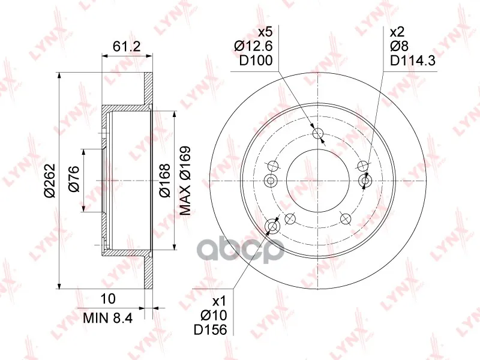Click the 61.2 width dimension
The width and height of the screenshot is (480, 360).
click(127, 47)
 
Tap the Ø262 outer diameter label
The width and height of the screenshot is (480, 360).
click(49, 181)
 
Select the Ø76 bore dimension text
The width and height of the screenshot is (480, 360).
click(73, 179)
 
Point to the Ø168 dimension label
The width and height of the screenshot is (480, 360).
click(164, 181)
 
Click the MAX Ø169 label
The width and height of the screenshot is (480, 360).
click(185, 181)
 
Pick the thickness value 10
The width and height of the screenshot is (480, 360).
click(108, 299)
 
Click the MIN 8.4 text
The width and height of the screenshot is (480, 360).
click(108, 319)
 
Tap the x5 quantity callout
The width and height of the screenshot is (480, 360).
click(265, 32)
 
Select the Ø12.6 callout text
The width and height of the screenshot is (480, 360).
click(253, 46)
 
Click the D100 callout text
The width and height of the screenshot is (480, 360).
click(256, 61)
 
